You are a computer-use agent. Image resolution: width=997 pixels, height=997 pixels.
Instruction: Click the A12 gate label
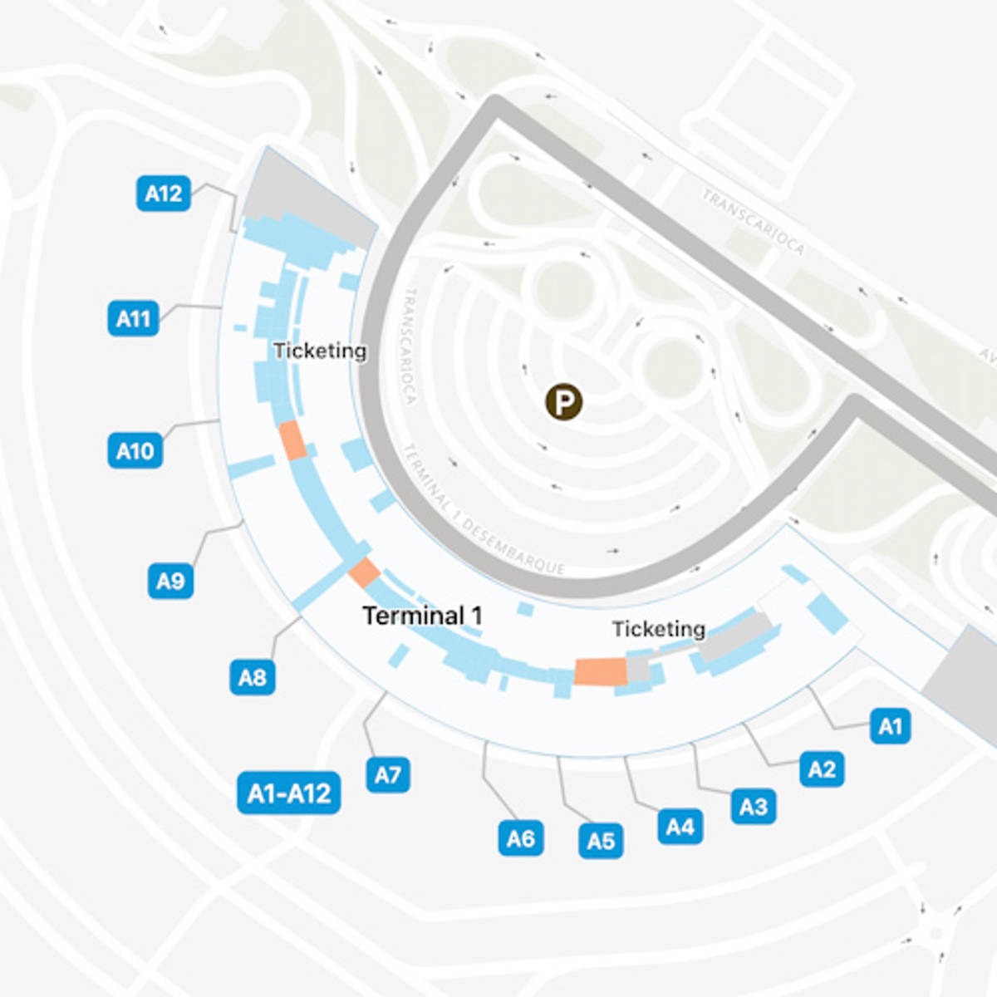coord(163,194)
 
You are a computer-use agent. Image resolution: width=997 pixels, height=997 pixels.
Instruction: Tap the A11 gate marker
coord(133,318)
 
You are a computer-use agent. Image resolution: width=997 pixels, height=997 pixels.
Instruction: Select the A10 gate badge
coord(135,451)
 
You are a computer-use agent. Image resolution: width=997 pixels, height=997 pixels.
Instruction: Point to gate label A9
coord(170,580)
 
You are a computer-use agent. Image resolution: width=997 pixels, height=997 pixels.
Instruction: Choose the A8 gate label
coord(252,677)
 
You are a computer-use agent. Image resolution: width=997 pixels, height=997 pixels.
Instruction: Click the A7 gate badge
coord(388,775)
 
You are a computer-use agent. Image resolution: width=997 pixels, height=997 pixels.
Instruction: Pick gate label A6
coord(521,838)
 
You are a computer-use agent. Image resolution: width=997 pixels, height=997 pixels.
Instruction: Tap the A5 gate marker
coord(601,841)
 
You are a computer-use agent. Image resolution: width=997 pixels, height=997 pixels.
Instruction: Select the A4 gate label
coord(680,827)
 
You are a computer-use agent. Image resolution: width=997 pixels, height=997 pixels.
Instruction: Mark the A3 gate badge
coord(754,806)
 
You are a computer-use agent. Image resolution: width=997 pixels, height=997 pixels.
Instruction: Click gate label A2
coord(822,769)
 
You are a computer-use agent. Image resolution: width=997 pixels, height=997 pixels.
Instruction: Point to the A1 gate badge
coord(890,726)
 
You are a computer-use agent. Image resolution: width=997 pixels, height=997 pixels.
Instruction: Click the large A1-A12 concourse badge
coord(288,793)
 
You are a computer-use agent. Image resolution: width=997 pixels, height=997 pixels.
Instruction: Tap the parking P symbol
coord(563,403)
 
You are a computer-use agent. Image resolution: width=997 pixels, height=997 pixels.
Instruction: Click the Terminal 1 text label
coord(422,616)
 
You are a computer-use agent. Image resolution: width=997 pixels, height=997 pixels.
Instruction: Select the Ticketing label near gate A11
coord(320,351)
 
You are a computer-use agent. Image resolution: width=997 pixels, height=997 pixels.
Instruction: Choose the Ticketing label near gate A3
coord(659,629)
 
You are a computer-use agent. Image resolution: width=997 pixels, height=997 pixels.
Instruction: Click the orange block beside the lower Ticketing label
coord(600,671)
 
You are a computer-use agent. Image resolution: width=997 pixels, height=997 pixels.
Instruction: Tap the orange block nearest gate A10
coord(292,440)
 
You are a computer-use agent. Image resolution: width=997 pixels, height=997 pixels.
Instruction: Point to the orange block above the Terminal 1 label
coord(364,572)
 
